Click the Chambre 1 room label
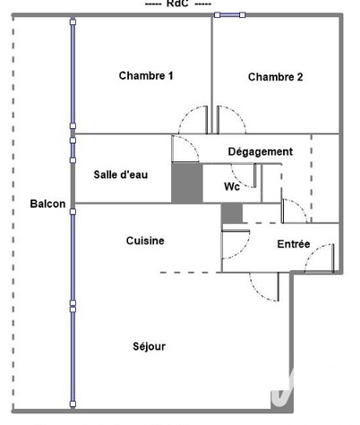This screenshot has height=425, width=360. [x=146, y=75]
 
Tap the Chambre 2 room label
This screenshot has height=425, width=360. [x=276, y=77]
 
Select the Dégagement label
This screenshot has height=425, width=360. [x=261, y=151]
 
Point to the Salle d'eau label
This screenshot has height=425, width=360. [x=121, y=174]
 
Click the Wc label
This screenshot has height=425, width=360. [x=232, y=187]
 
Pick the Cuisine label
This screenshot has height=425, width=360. [x=145, y=241]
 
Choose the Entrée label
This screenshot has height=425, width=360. [x=294, y=244]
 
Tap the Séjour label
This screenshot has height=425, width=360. [x=149, y=346]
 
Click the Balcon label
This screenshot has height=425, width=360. [x=47, y=204]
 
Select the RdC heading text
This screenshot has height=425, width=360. [x=177, y=4]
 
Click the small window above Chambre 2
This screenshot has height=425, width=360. [x=230, y=15]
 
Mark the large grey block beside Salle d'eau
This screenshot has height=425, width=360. [x=187, y=183]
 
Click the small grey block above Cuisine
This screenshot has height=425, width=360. [x=232, y=213]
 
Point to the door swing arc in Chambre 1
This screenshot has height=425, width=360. [x=186, y=113]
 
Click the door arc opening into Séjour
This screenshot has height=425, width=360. [x=255, y=292]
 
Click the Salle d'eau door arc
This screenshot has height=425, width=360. [x=191, y=142]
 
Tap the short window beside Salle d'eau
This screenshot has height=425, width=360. [x=73, y=150]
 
